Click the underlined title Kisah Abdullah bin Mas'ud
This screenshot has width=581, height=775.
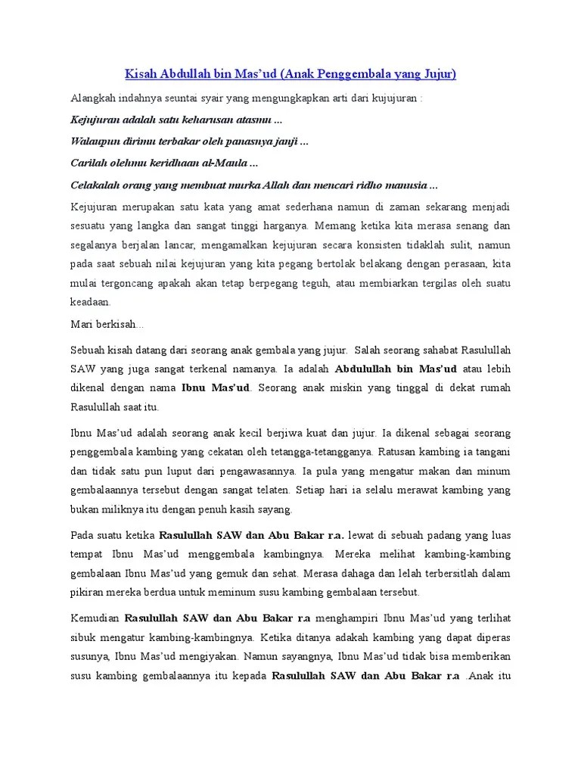coord(290,74)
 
